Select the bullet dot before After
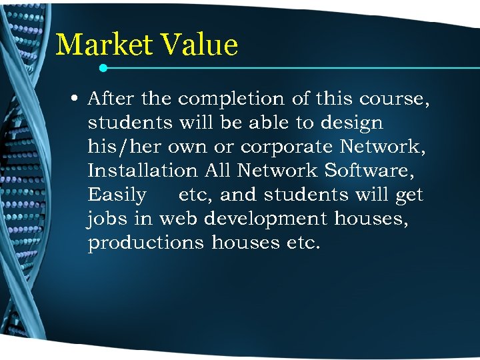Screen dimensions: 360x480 (x=76, y=99)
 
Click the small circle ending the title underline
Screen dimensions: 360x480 (x=103, y=68)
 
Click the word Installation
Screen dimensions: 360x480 (x=143, y=171)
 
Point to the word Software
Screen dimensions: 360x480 (x=369, y=171)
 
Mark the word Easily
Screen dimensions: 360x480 (x=117, y=195)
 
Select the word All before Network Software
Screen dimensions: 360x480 (x=217, y=171)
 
